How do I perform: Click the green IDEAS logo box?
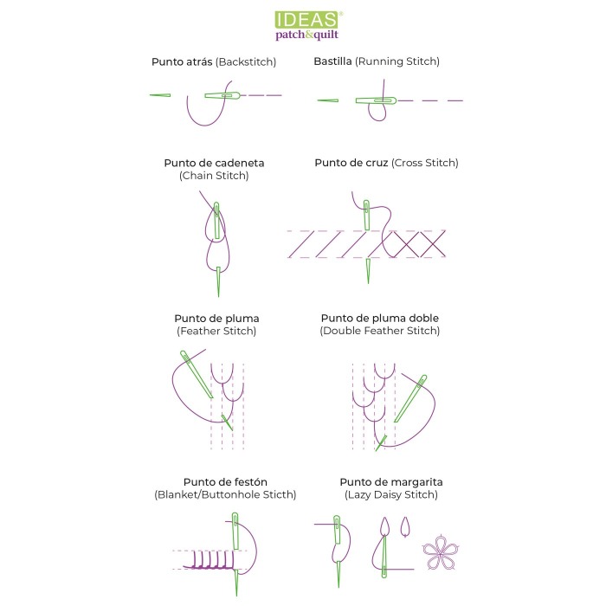click(307, 20)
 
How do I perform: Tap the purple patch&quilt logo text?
click(306, 35)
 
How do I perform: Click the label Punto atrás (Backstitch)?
click(214, 61)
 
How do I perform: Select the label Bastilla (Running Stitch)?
click(377, 61)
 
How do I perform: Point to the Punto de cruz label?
click(351, 163)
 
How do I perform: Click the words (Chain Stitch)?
click(214, 176)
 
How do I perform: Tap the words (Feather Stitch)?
click(216, 332)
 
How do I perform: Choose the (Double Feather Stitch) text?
click(379, 331)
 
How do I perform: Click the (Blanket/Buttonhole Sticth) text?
click(225, 494)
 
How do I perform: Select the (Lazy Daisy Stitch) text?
click(390, 494)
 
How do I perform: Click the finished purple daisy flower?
click(441, 552)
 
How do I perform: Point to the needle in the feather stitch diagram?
click(197, 374)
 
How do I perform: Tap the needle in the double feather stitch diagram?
click(410, 398)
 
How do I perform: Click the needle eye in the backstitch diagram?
click(227, 95)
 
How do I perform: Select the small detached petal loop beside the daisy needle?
click(404, 526)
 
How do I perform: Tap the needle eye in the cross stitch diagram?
click(366, 206)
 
